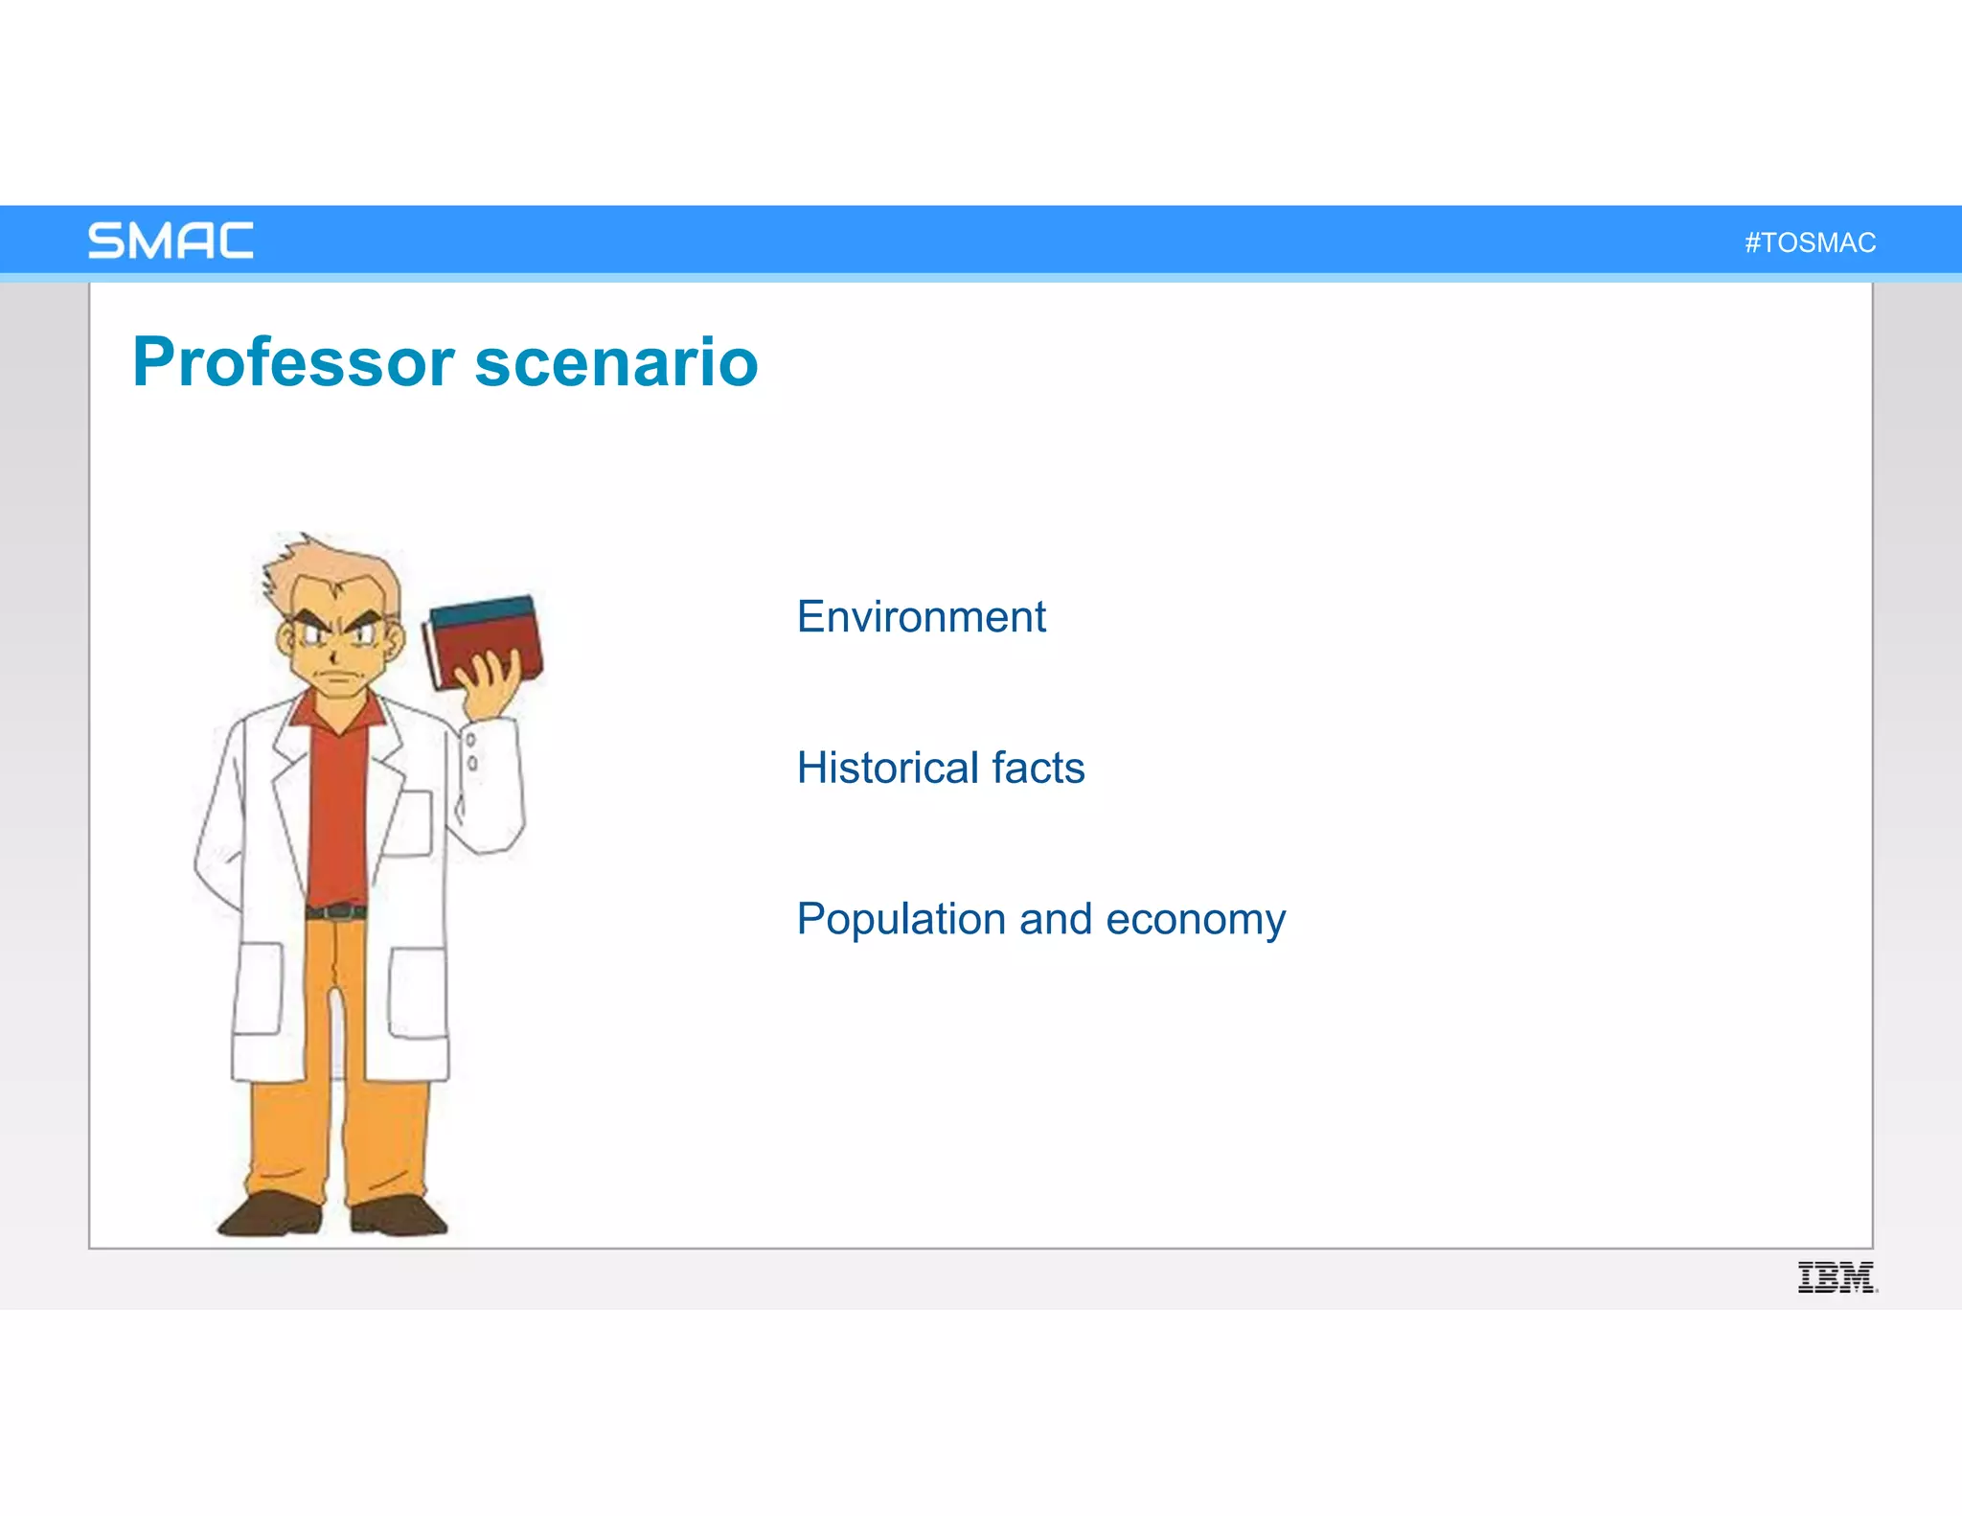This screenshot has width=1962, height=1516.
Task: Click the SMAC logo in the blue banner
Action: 171,241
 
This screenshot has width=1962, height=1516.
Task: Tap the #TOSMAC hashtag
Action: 1810,242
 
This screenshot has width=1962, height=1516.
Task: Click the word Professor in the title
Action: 293,362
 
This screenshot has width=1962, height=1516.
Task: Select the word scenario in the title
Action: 616,362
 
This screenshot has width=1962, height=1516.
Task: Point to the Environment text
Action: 921,616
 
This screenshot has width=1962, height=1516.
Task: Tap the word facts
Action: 1038,768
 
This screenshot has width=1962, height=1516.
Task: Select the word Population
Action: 901,919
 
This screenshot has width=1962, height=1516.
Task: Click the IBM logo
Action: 1836,1277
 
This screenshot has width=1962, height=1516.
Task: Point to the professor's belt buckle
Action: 335,911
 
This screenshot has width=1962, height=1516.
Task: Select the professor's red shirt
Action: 337,805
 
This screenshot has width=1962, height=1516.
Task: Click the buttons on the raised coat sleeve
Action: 471,751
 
